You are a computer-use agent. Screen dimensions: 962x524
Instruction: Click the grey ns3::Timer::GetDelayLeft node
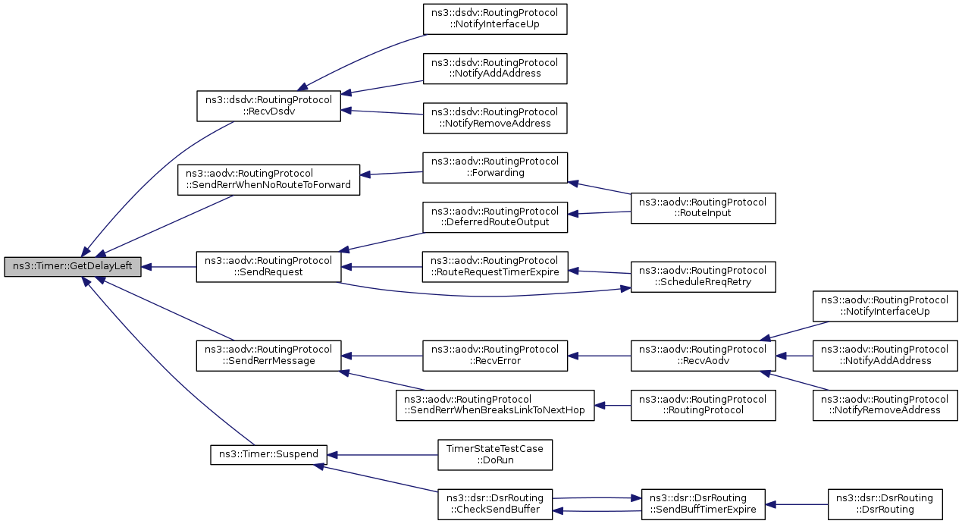click(x=73, y=267)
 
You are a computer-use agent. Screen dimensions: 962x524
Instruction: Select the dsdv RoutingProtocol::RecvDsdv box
click(x=269, y=105)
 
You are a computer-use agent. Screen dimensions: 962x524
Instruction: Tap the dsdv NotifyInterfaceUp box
click(x=495, y=19)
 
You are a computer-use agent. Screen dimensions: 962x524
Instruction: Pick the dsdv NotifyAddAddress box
click(x=495, y=68)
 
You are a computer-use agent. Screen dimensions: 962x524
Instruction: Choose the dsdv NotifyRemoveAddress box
click(x=495, y=118)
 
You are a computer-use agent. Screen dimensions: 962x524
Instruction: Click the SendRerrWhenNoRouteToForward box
click(x=269, y=180)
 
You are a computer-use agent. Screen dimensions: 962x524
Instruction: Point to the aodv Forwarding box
click(x=495, y=168)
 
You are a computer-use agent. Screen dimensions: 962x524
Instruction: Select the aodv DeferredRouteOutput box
click(x=495, y=218)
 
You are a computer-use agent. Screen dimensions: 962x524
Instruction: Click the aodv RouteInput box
click(x=703, y=208)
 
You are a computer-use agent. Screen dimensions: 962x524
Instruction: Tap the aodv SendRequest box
click(x=269, y=267)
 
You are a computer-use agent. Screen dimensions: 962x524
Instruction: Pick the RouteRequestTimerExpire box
click(x=495, y=267)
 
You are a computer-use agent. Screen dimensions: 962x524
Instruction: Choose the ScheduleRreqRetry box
click(x=703, y=277)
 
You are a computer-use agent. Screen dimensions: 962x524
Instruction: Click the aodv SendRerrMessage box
click(x=269, y=356)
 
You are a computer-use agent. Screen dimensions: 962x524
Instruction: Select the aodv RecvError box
click(x=495, y=356)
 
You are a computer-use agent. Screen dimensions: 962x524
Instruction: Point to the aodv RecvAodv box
click(x=703, y=356)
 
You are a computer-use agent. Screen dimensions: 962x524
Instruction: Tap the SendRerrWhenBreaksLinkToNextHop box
click(x=495, y=405)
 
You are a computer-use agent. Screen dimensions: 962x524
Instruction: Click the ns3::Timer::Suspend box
click(x=269, y=455)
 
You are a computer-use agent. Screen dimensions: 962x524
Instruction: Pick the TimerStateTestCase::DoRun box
click(x=495, y=455)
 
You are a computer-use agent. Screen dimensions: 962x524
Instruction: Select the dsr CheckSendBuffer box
click(x=495, y=504)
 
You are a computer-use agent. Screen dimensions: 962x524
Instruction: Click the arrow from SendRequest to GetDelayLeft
click(x=169, y=267)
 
